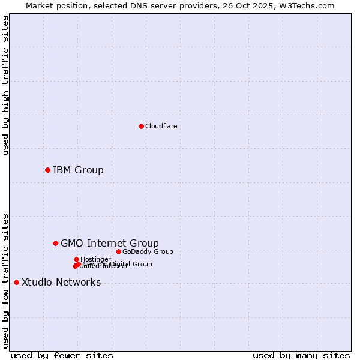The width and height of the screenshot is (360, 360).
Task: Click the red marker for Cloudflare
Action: [141, 126]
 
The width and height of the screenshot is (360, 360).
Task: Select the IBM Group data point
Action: [47, 170]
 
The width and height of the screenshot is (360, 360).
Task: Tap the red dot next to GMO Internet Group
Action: [55, 243]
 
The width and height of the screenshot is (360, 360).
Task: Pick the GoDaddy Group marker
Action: [118, 251]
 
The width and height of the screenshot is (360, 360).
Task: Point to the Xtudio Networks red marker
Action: [16, 282]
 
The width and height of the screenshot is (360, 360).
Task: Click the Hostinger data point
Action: [76, 259]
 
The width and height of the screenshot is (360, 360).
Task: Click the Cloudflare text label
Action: [161, 126]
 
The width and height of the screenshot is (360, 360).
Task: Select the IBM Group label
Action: [78, 170]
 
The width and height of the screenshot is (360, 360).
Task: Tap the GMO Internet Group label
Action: [110, 243]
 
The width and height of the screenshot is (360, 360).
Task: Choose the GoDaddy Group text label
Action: [148, 251]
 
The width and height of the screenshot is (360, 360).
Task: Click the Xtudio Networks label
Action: [61, 282]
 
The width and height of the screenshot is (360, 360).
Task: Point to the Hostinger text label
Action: [95, 259]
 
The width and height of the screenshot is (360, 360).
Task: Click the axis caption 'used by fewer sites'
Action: [62, 355]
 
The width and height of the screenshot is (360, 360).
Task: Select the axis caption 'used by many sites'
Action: [301, 355]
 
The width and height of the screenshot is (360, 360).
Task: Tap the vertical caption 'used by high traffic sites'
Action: [5, 85]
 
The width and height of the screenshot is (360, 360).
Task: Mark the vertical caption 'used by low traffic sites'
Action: [5, 280]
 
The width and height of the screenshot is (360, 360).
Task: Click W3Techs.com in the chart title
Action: [310, 5]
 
